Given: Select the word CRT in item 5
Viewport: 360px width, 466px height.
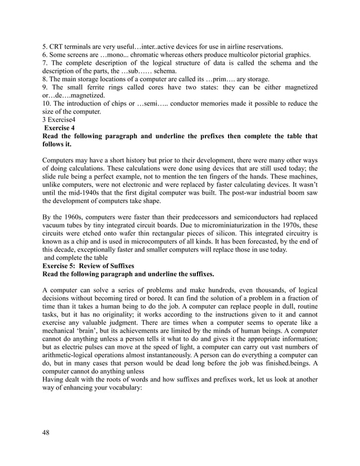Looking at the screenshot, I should (x=59, y=46).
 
